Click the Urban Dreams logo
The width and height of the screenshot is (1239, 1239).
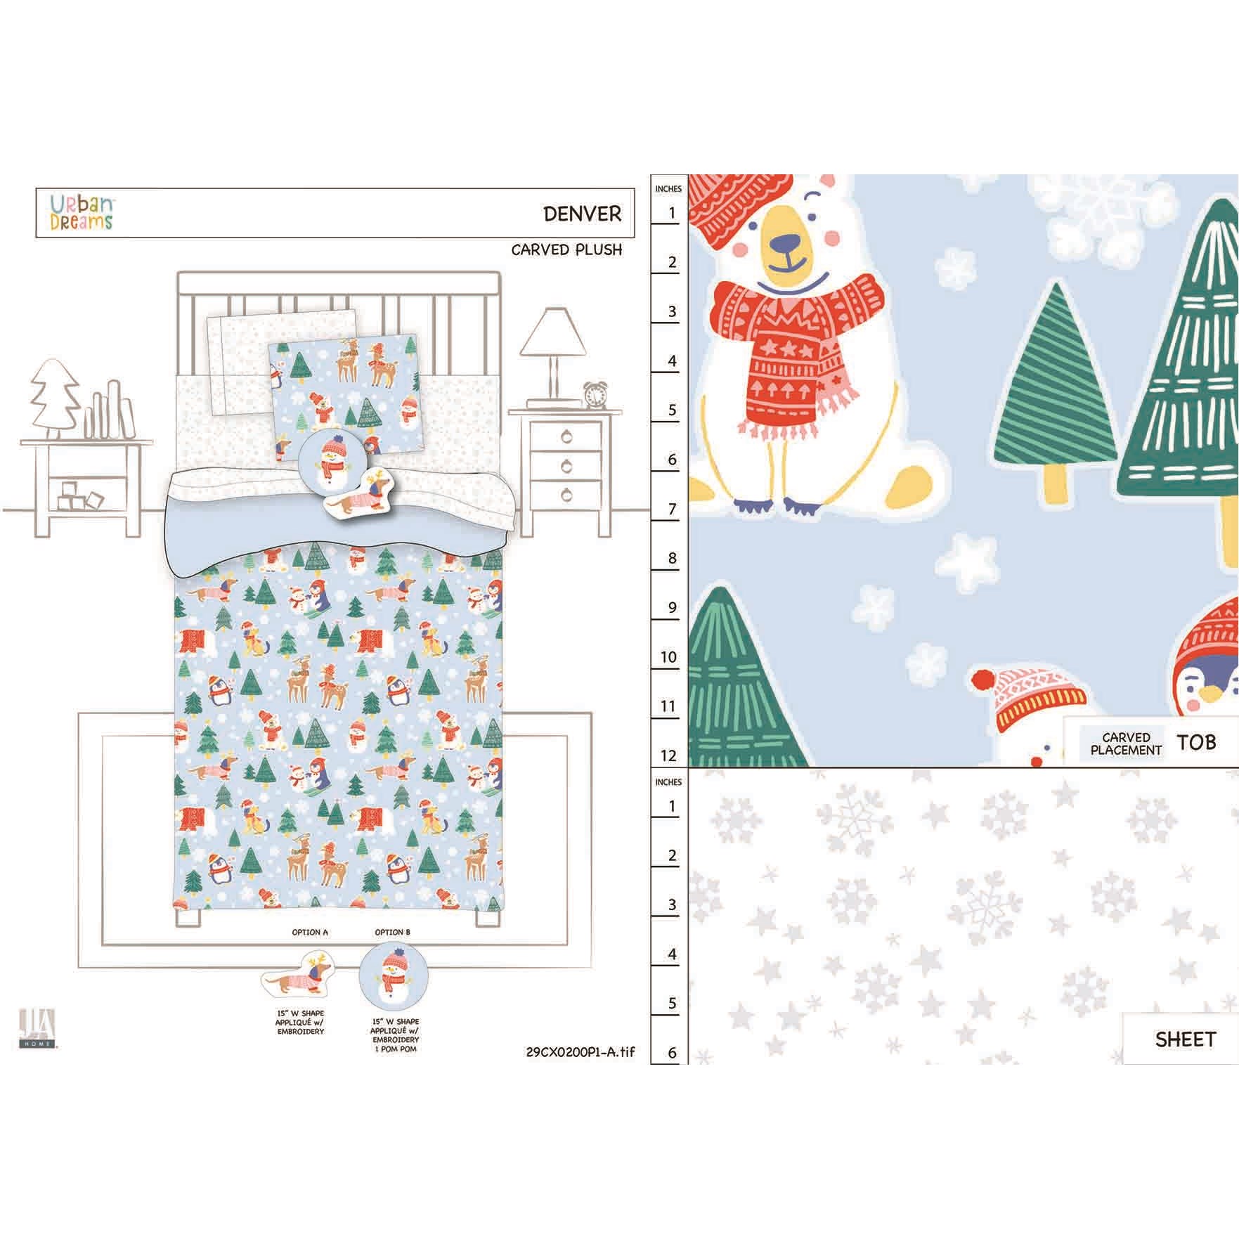tap(82, 212)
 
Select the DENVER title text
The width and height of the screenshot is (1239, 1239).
tap(583, 214)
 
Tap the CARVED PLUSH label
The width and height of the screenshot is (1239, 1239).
tap(566, 249)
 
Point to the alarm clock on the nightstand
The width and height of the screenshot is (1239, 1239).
tap(595, 396)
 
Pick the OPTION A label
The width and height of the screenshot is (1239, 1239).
tap(310, 933)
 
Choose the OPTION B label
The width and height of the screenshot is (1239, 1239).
tap(393, 933)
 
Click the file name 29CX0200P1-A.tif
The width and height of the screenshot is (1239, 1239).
tap(580, 1052)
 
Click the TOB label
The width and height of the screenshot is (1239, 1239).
tap(1196, 741)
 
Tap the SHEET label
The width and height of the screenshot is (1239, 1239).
tap(1185, 1039)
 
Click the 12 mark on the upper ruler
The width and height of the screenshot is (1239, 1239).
tap(668, 755)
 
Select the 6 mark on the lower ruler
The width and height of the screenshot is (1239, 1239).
tap(672, 1052)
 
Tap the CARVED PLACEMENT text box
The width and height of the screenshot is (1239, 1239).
tap(1126, 744)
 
